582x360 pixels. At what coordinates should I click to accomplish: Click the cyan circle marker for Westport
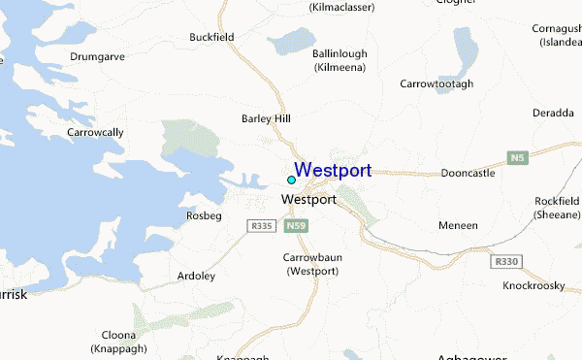coord(291,180)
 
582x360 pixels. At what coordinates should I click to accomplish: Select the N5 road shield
coord(518,157)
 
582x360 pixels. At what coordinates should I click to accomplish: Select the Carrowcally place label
coord(95,131)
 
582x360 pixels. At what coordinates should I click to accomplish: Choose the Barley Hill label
coord(265,119)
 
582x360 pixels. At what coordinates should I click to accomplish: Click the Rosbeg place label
coord(203,214)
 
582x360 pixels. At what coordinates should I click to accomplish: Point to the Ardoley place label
coord(196,276)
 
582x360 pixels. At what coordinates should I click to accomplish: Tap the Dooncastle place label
coord(468,173)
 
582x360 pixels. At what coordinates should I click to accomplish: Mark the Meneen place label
coord(459,225)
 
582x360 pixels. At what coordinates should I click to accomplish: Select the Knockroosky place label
coord(534,286)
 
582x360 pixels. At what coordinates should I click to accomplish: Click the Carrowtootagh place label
coord(436,84)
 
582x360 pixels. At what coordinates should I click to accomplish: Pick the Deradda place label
coord(554,113)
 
